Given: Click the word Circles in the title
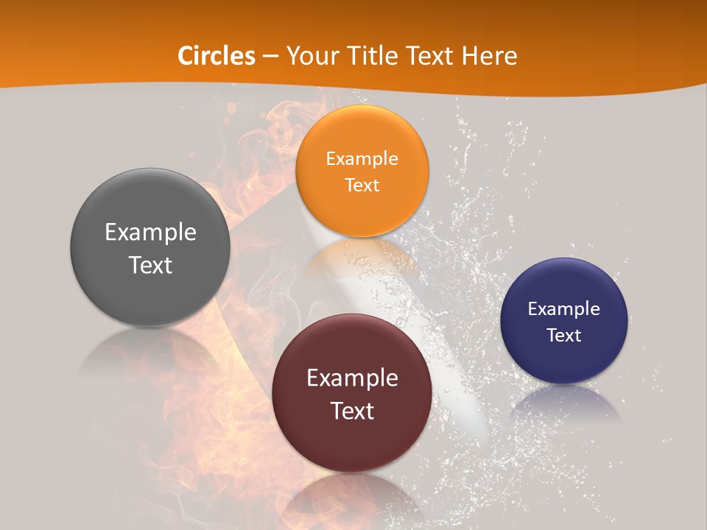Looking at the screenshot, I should [x=217, y=56].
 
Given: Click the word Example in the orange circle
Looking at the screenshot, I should [x=362, y=158].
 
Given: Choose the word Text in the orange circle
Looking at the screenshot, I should [x=362, y=185].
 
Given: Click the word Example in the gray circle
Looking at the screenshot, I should [x=150, y=233].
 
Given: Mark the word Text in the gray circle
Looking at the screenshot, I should [x=150, y=265].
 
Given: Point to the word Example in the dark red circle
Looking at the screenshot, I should [x=352, y=378].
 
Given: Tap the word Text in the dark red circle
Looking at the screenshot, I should [x=352, y=411].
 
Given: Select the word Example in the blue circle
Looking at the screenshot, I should [x=564, y=308].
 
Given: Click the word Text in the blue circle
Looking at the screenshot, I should [x=564, y=336].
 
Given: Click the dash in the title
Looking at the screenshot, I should [x=270, y=57].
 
